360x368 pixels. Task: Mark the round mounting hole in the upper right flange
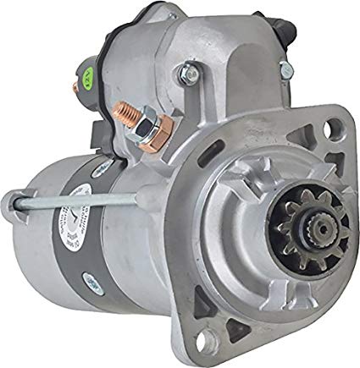(325, 156)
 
